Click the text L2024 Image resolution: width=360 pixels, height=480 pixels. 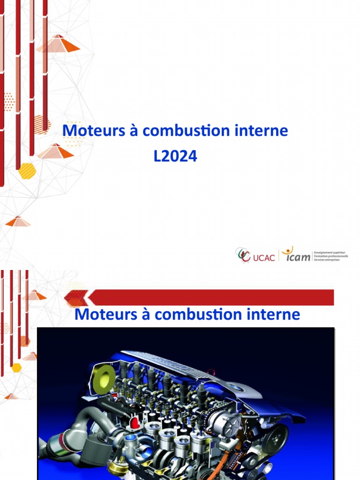[x=175, y=157]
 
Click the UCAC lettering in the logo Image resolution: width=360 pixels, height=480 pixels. [x=263, y=257]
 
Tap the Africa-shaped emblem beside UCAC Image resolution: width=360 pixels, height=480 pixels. [x=244, y=255]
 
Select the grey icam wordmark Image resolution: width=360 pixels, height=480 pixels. [x=298, y=256]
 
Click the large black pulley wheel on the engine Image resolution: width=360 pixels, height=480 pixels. [x=274, y=438]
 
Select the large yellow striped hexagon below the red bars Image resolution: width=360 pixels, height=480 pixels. [x=27, y=171]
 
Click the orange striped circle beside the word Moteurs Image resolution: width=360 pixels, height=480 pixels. [x=41, y=125]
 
